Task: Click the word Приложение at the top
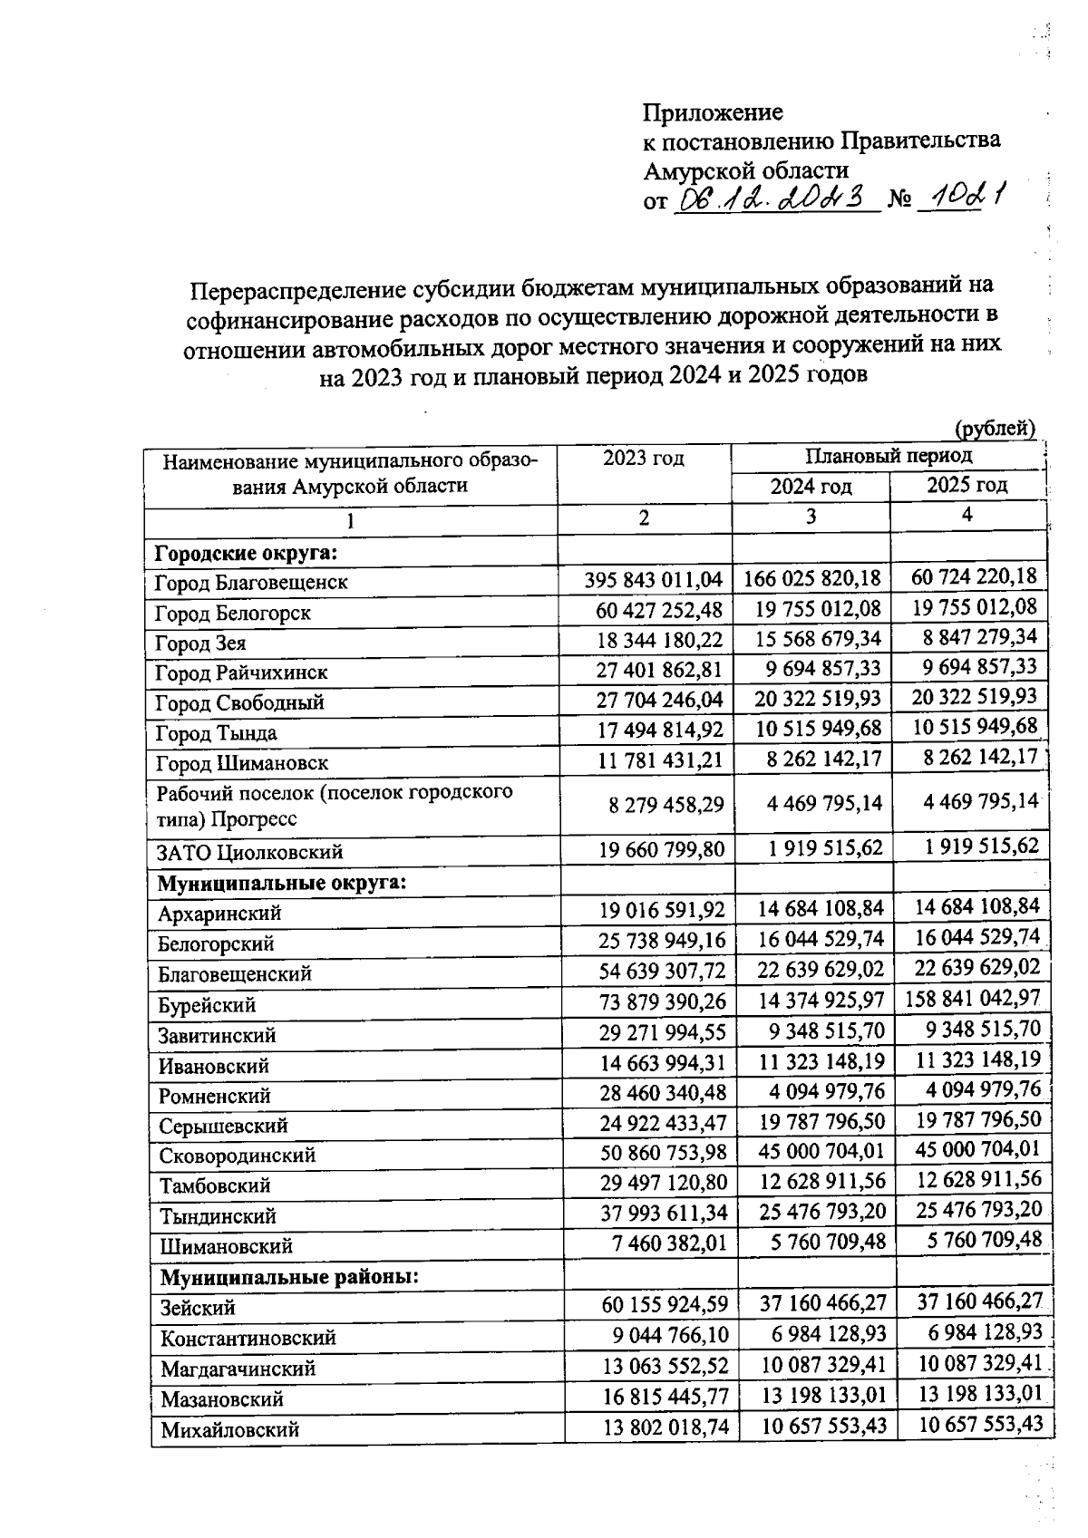click(x=713, y=112)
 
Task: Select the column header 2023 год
click(x=644, y=458)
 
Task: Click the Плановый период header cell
click(x=888, y=455)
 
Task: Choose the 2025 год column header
click(x=967, y=485)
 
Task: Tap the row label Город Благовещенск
click(x=251, y=582)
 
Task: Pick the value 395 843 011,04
click(x=653, y=580)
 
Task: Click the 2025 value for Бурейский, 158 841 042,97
click(x=972, y=1000)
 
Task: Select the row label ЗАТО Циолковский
click(x=249, y=852)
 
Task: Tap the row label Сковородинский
click(x=238, y=1156)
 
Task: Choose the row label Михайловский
click(x=229, y=1430)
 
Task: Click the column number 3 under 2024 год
click(x=811, y=517)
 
